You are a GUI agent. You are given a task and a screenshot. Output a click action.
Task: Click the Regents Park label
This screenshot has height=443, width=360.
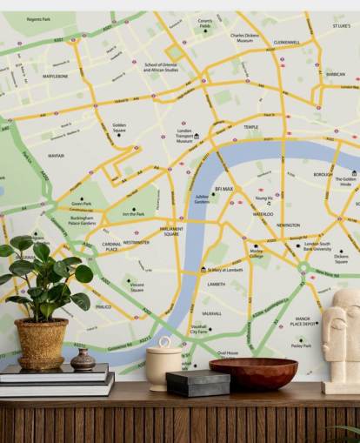click(38, 18)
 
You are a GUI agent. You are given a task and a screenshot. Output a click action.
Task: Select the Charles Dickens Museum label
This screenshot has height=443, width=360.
click(244, 37)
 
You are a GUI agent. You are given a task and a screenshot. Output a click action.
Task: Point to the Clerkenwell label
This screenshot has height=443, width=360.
click(286, 41)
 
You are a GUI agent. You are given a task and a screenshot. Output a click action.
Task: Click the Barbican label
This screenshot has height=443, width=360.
click(335, 74)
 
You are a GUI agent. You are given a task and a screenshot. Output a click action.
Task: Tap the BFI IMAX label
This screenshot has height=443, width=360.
click(223, 188)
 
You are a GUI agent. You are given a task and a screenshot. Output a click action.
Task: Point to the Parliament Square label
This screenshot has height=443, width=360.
click(171, 232)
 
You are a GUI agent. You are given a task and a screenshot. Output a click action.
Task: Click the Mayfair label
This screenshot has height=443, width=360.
click(56, 156)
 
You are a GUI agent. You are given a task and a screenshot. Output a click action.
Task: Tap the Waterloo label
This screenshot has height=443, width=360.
click(263, 213)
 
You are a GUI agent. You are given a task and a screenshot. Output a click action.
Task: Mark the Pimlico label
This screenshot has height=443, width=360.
click(103, 306)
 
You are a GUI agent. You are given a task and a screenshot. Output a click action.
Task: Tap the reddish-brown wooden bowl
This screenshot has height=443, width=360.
click(253, 373)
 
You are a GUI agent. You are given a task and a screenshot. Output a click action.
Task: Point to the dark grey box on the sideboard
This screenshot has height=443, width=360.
click(198, 382)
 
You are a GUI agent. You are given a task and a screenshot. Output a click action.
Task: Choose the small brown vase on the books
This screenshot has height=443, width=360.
click(83, 359)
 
